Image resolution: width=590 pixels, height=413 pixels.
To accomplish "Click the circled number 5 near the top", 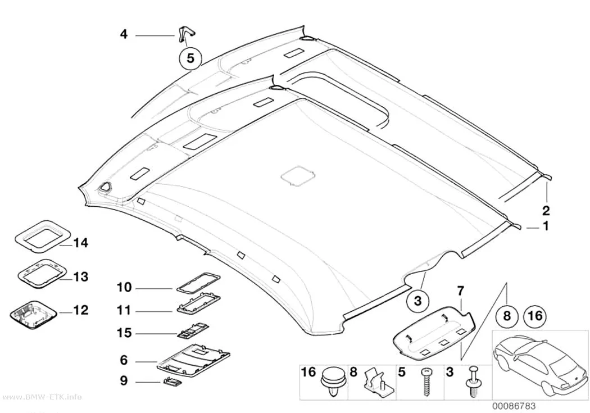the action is (x=190, y=58).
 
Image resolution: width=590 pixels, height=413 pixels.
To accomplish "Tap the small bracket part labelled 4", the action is (x=185, y=34).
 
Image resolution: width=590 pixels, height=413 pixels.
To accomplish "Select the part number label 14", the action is (x=80, y=243).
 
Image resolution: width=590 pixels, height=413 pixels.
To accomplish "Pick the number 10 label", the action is (x=124, y=287).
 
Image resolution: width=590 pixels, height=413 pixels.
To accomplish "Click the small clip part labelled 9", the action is (x=173, y=382).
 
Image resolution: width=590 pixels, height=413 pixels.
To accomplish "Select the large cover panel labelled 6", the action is (x=193, y=357).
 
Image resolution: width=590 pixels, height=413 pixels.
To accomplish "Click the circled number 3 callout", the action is (x=418, y=301).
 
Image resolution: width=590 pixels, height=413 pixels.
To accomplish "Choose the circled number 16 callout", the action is (x=535, y=315).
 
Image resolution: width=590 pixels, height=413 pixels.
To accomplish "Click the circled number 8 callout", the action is (x=507, y=315).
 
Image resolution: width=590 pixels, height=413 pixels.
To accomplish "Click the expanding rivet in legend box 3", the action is (x=472, y=382).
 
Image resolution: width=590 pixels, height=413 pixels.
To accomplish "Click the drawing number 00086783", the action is (x=514, y=406).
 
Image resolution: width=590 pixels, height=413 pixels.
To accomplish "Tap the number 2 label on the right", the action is (x=546, y=210).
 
